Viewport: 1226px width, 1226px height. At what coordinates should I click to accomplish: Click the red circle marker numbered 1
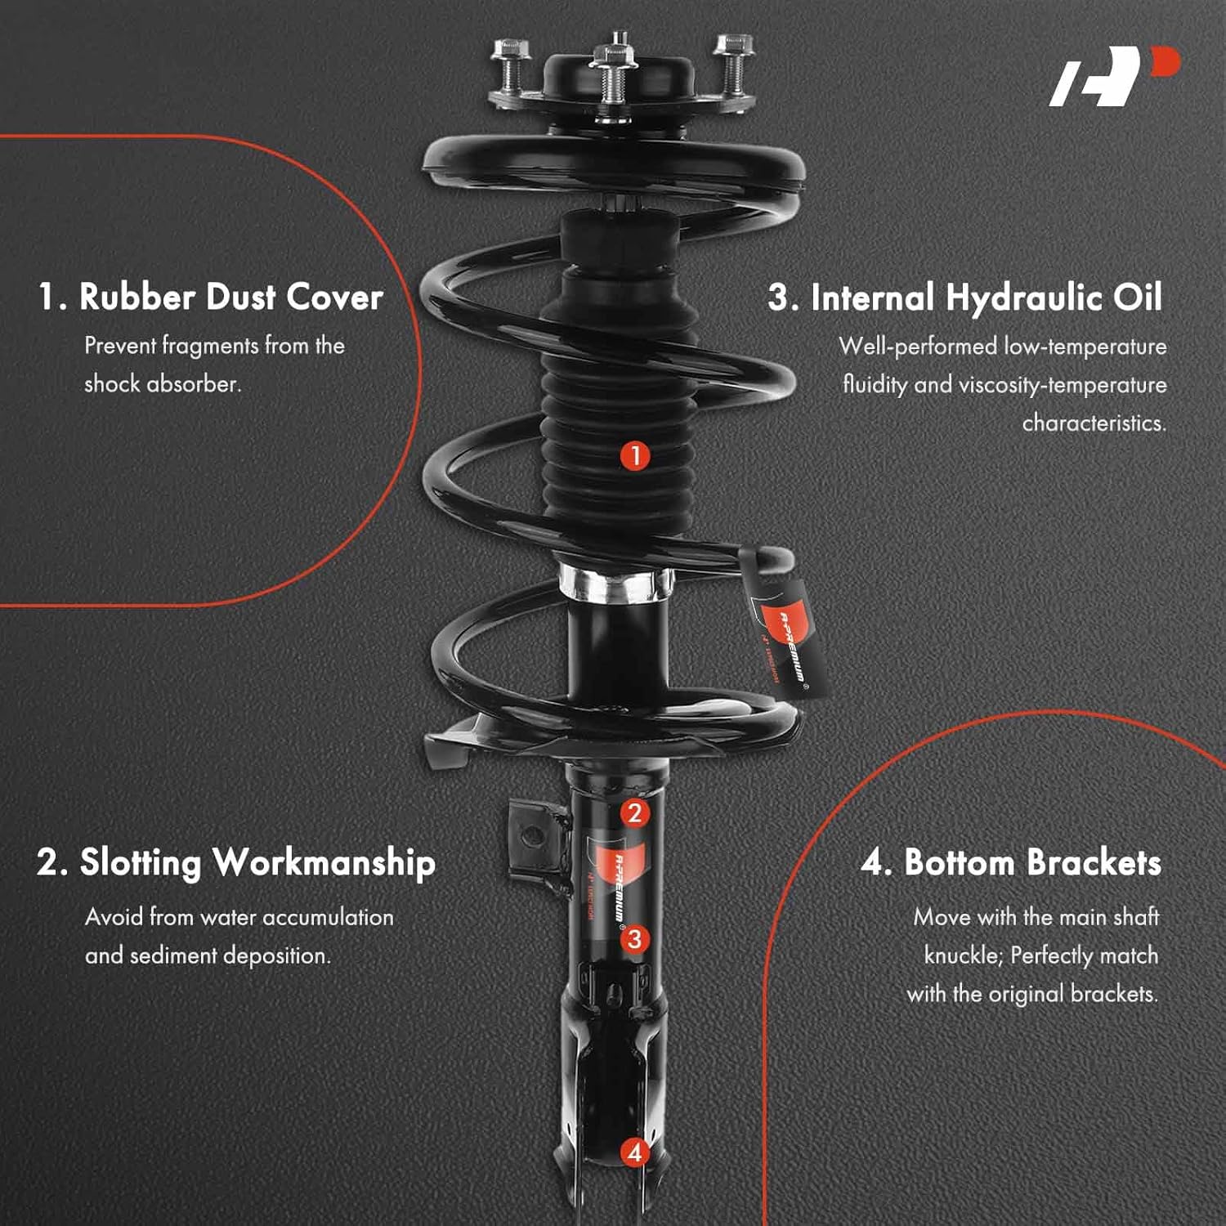click(635, 455)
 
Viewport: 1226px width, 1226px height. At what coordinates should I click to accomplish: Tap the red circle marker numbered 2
click(634, 812)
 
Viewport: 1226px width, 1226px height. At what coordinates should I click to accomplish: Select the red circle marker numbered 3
click(634, 939)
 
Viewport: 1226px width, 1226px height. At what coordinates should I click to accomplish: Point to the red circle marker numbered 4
click(634, 1152)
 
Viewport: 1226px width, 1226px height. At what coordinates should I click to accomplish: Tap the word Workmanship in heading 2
click(324, 863)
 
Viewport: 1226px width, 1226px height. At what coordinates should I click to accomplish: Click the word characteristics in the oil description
click(1094, 423)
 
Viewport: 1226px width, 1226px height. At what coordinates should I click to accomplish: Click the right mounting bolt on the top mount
click(733, 61)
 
